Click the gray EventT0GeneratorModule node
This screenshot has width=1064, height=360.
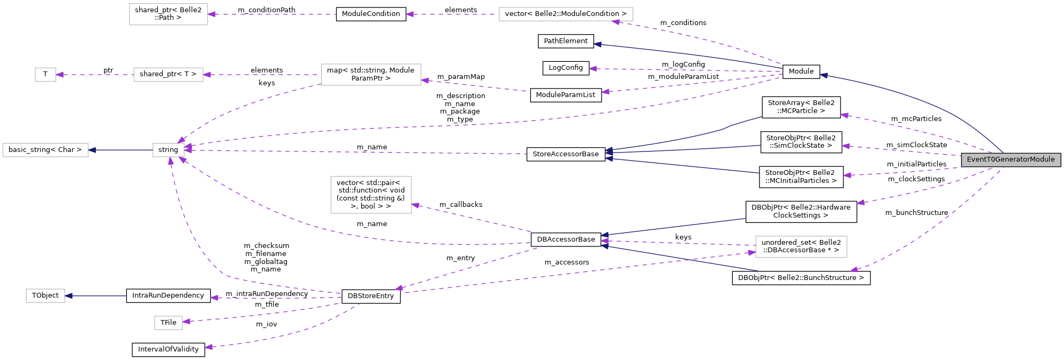point(1011,159)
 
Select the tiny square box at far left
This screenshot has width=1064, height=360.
point(45,75)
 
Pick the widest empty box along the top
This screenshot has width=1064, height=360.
point(566,14)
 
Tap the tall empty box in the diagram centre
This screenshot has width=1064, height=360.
point(371,195)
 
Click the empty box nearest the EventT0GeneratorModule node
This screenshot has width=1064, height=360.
point(801,247)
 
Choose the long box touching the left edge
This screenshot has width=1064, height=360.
point(45,150)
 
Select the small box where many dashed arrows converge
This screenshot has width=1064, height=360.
point(169,150)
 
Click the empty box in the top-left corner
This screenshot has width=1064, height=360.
point(169,14)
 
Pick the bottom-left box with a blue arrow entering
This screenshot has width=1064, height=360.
point(45,295)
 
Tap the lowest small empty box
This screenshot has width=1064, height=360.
point(169,323)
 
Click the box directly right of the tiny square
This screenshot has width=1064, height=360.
point(169,75)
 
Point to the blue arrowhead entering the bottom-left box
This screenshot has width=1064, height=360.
point(69,295)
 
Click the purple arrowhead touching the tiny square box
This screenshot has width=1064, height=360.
point(60,75)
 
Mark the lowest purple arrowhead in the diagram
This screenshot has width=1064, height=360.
point(209,347)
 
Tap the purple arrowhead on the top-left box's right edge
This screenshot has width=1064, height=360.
point(212,14)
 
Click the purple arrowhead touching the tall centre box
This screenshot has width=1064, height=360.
point(415,205)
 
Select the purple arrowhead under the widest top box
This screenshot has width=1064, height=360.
point(615,22)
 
